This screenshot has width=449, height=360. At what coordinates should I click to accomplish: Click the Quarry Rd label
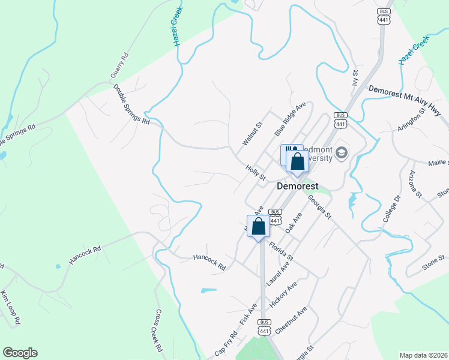tap(119, 67)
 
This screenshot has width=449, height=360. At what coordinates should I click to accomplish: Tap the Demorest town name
tap(297, 187)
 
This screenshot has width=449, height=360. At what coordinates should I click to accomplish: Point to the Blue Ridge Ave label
tap(291, 118)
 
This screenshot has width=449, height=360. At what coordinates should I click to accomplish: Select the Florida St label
tap(280, 251)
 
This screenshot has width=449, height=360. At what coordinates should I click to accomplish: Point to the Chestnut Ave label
tap(291, 320)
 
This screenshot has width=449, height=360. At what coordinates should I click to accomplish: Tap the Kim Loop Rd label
tap(11, 308)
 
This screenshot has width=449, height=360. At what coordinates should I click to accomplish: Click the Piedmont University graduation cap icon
tap(342, 154)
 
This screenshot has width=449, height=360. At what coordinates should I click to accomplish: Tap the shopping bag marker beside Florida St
tap(259, 227)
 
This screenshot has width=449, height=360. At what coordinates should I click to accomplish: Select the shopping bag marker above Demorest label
tap(297, 161)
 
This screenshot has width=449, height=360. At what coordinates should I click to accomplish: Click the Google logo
tap(20, 353)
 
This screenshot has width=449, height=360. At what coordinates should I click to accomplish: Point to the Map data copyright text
tap(423, 355)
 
